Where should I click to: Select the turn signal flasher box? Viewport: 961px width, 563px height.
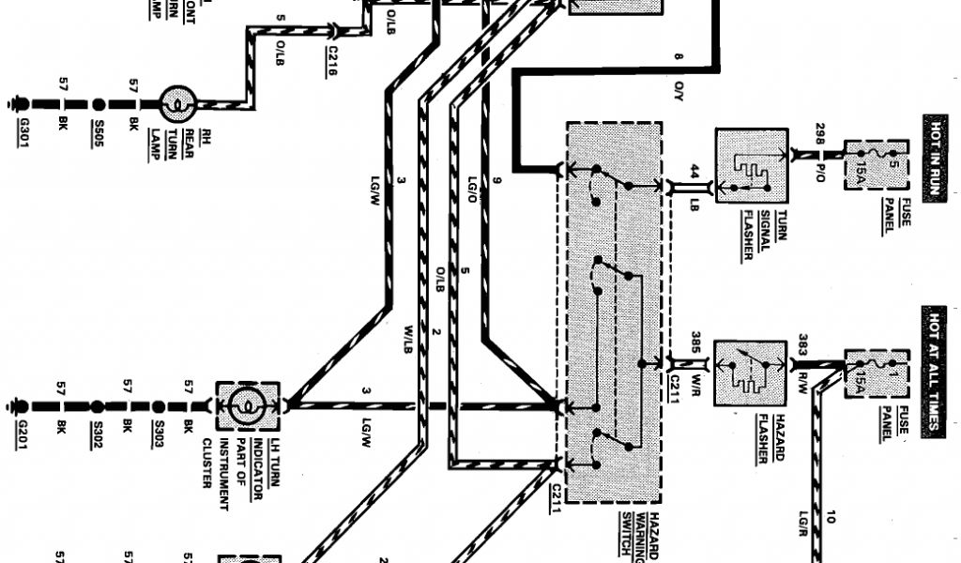coord(752,166)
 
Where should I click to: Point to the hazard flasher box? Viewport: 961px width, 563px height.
coord(750,373)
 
